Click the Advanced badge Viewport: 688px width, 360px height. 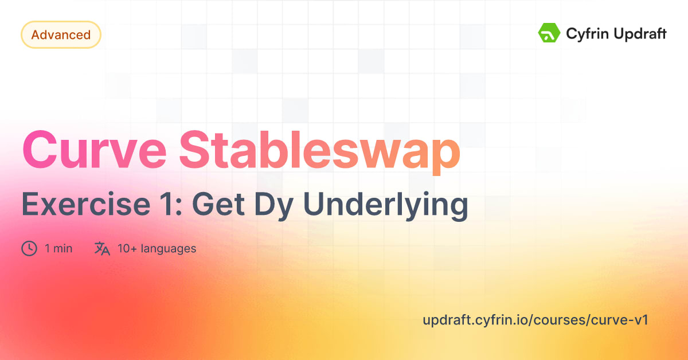pyautogui.click(x=61, y=35)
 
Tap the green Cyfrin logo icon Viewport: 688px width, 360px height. pyautogui.click(x=549, y=33)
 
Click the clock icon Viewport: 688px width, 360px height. pyautogui.click(x=29, y=249)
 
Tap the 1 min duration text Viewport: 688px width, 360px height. pyautogui.click(x=58, y=249)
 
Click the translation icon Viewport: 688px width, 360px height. pyautogui.click(x=102, y=249)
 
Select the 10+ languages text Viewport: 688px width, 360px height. pyautogui.click(x=157, y=249)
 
